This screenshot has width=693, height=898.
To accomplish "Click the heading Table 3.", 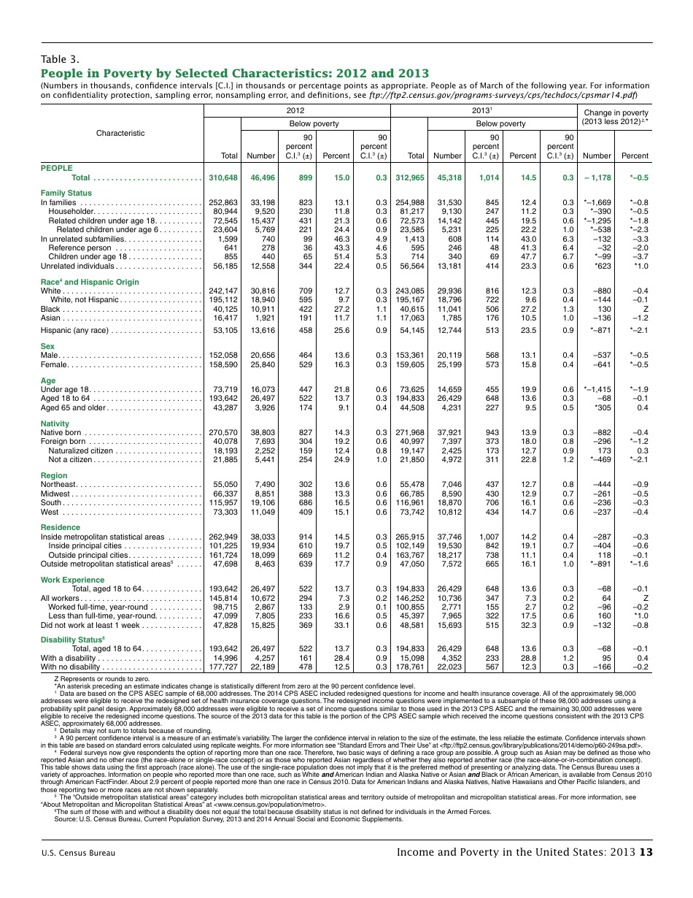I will [x=59, y=60].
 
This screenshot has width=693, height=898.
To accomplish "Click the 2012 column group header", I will [x=295, y=110].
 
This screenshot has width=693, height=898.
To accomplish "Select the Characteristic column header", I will [x=120, y=133].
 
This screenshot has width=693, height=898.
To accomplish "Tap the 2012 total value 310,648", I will [x=223, y=178].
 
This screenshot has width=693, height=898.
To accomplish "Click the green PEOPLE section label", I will [x=56, y=168].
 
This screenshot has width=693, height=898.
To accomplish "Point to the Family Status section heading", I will [x=66, y=193].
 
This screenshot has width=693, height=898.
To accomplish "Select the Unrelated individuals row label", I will [x=77, y=266].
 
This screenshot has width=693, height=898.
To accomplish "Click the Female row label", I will [x=55, y=364].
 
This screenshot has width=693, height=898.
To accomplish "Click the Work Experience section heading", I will [x=72, y=580].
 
